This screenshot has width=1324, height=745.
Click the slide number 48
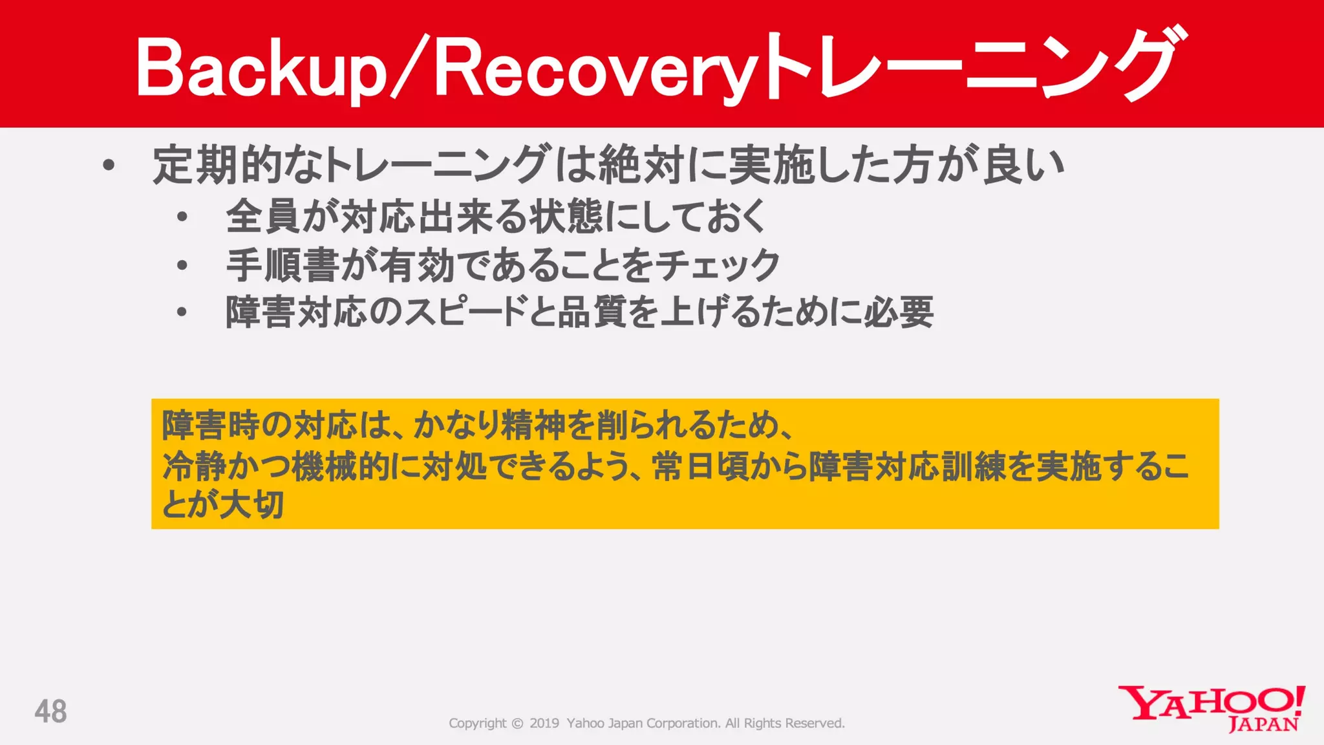[x=50, y=711]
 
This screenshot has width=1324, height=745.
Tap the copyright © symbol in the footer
[x=517, y=724]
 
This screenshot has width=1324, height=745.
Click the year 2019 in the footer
[x=544, y=724]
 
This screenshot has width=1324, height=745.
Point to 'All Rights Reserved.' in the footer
[x=785, y=724]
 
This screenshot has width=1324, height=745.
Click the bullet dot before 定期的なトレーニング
[x=109, y=166]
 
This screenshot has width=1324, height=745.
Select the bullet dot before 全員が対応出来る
[x=182, y=217]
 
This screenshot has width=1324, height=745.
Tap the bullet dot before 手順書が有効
[x=182, y=265]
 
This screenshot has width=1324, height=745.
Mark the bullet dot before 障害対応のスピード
[x=182, y=312]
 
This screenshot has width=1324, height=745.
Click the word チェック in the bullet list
[x=717, y=265]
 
